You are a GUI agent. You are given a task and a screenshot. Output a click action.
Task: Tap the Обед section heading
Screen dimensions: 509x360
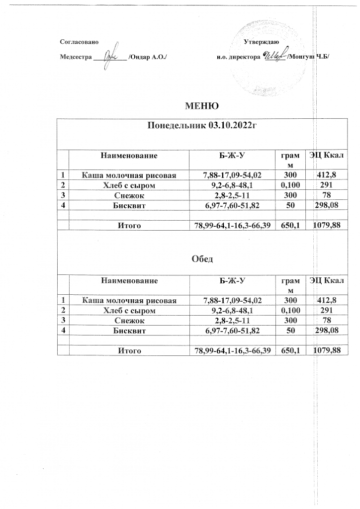pyautogui.click(x=202, y=259)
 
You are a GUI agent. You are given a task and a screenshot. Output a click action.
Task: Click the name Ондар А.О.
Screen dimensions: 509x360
pyautogui.click(x=147, y=57)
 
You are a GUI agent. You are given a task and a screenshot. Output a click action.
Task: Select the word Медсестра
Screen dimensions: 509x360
pyautogui.click(x=76, y=57)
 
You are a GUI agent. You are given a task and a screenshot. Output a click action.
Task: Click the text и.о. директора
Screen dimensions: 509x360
pyautogui.click(x=238, y=57)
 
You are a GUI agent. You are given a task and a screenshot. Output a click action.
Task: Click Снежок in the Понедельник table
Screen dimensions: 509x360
pyautogui.click(x=129, y=195)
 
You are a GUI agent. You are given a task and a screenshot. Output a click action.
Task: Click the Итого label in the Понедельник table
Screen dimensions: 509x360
pyautogui.click(x=129, y=226)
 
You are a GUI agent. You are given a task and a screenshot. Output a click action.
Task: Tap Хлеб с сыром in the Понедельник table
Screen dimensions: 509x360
pyautogui.click(x=129, y=185)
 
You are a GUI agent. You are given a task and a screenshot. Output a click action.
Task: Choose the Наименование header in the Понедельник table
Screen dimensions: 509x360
pyautogui.click(x=129, y=156)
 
